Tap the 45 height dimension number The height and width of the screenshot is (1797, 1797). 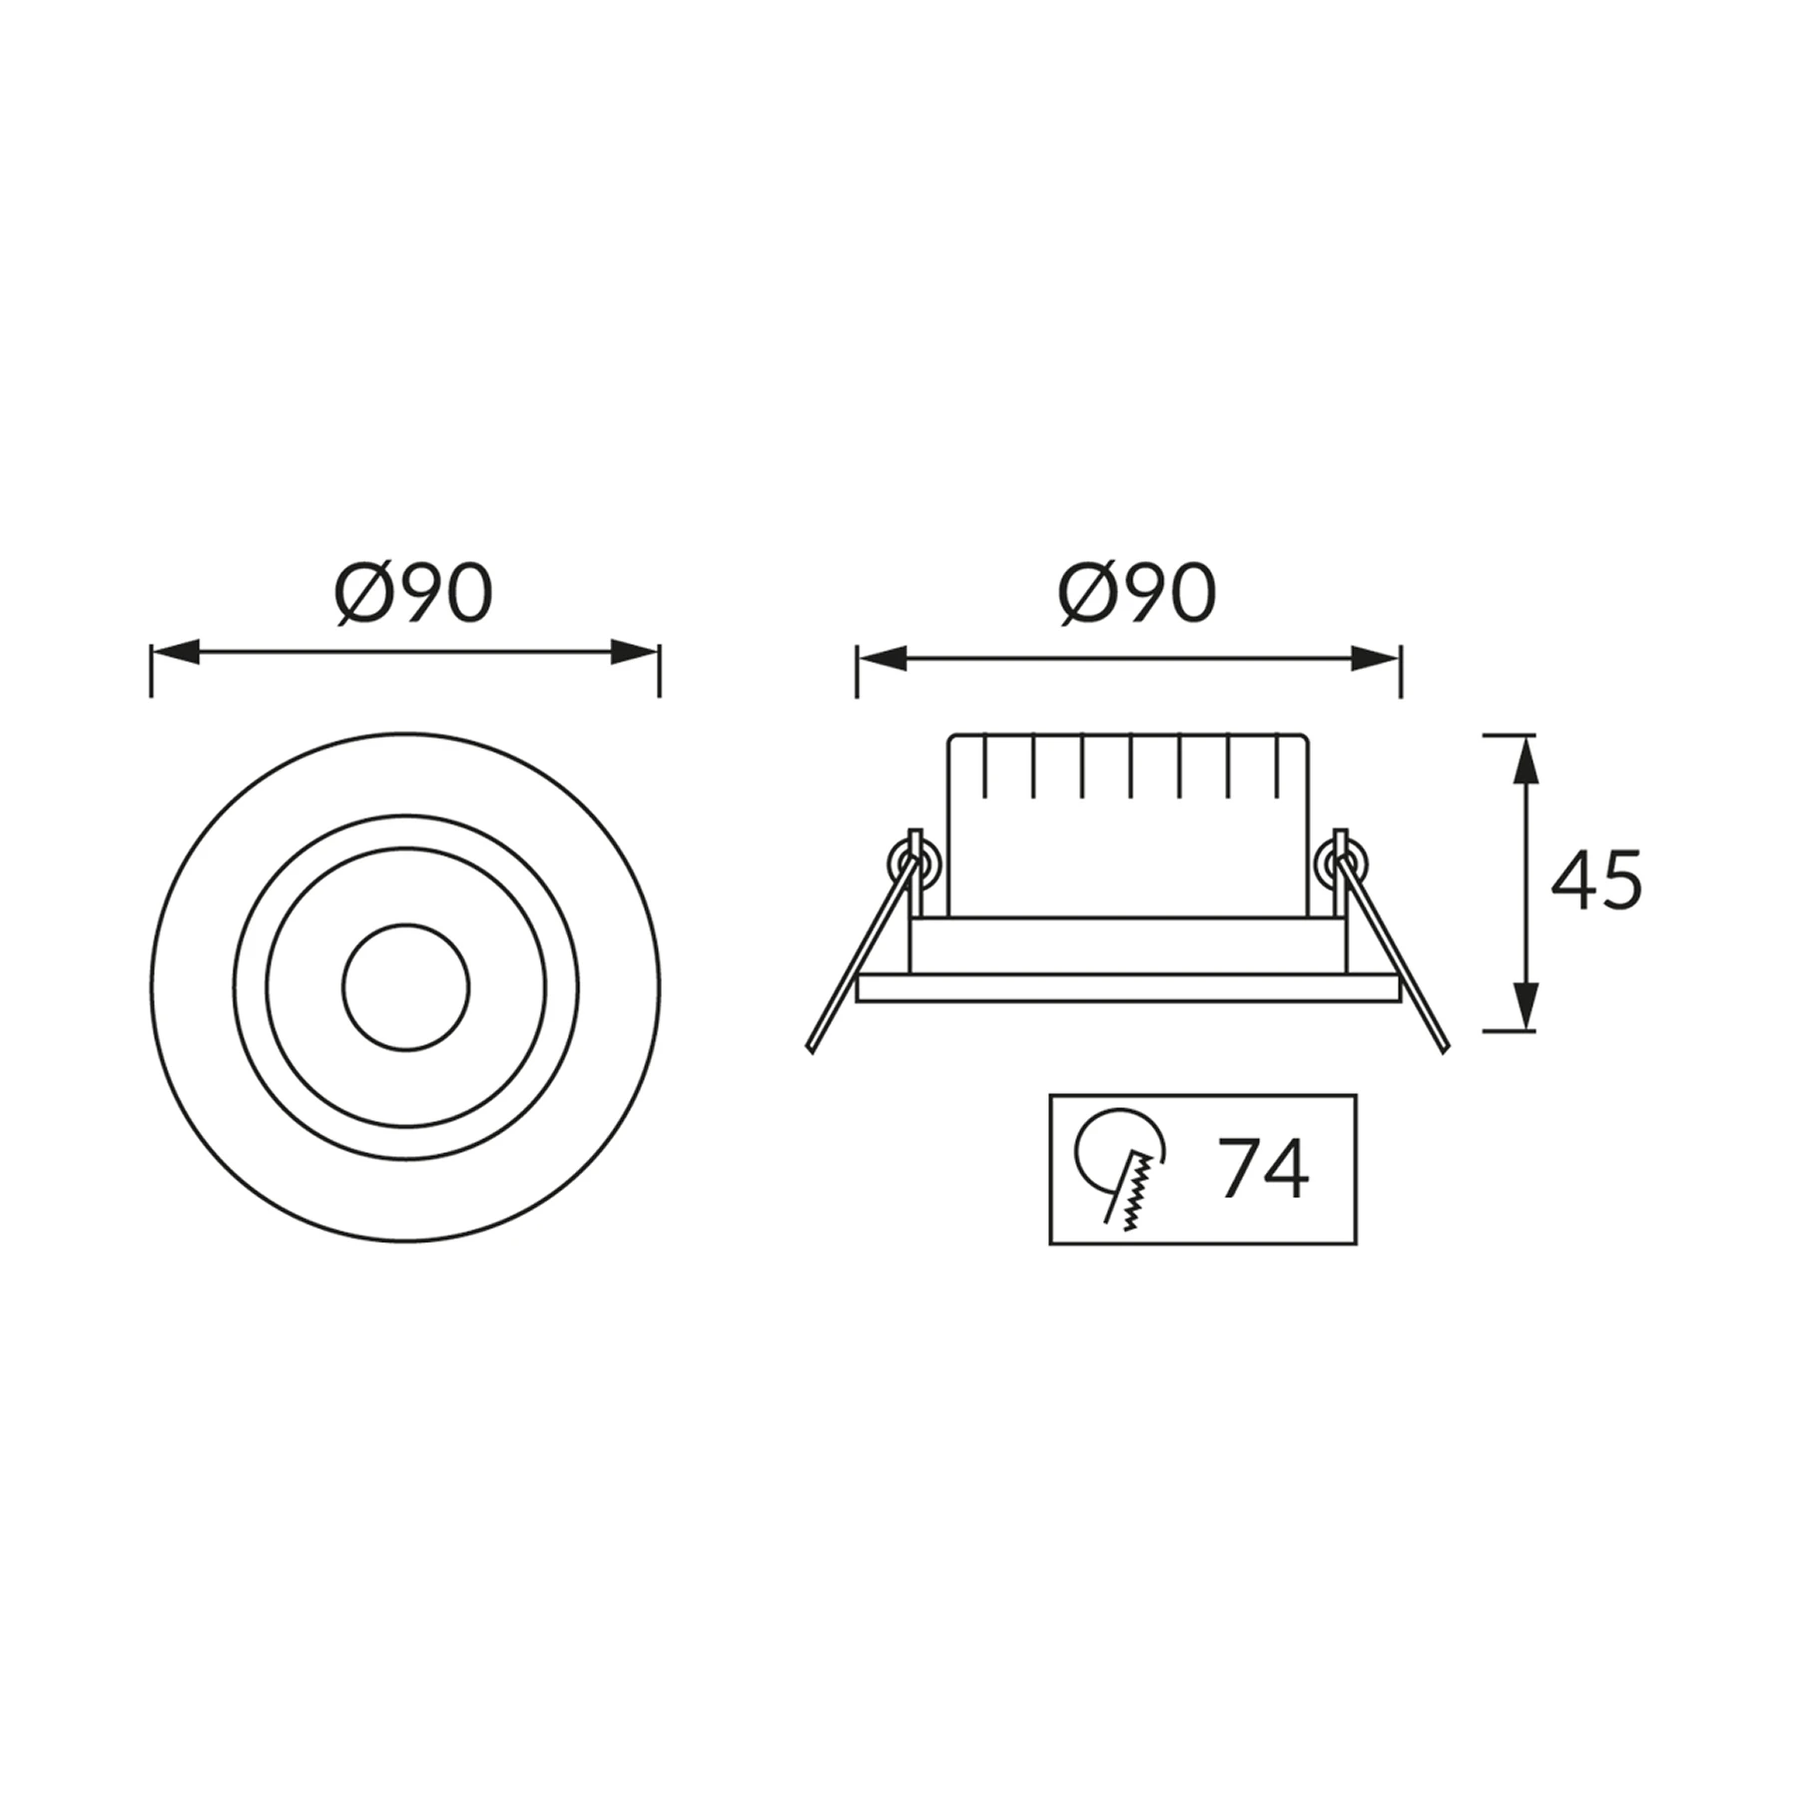(1595, 880)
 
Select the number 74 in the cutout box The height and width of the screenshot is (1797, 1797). (1263, 1168)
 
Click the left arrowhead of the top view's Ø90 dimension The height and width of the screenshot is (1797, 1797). (175, 654)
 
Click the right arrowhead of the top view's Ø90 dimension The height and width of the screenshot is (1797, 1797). (635, 654)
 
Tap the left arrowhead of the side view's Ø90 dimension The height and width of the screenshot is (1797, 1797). (882, 659)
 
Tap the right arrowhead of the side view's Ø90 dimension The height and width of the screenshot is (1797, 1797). (1377, 659)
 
